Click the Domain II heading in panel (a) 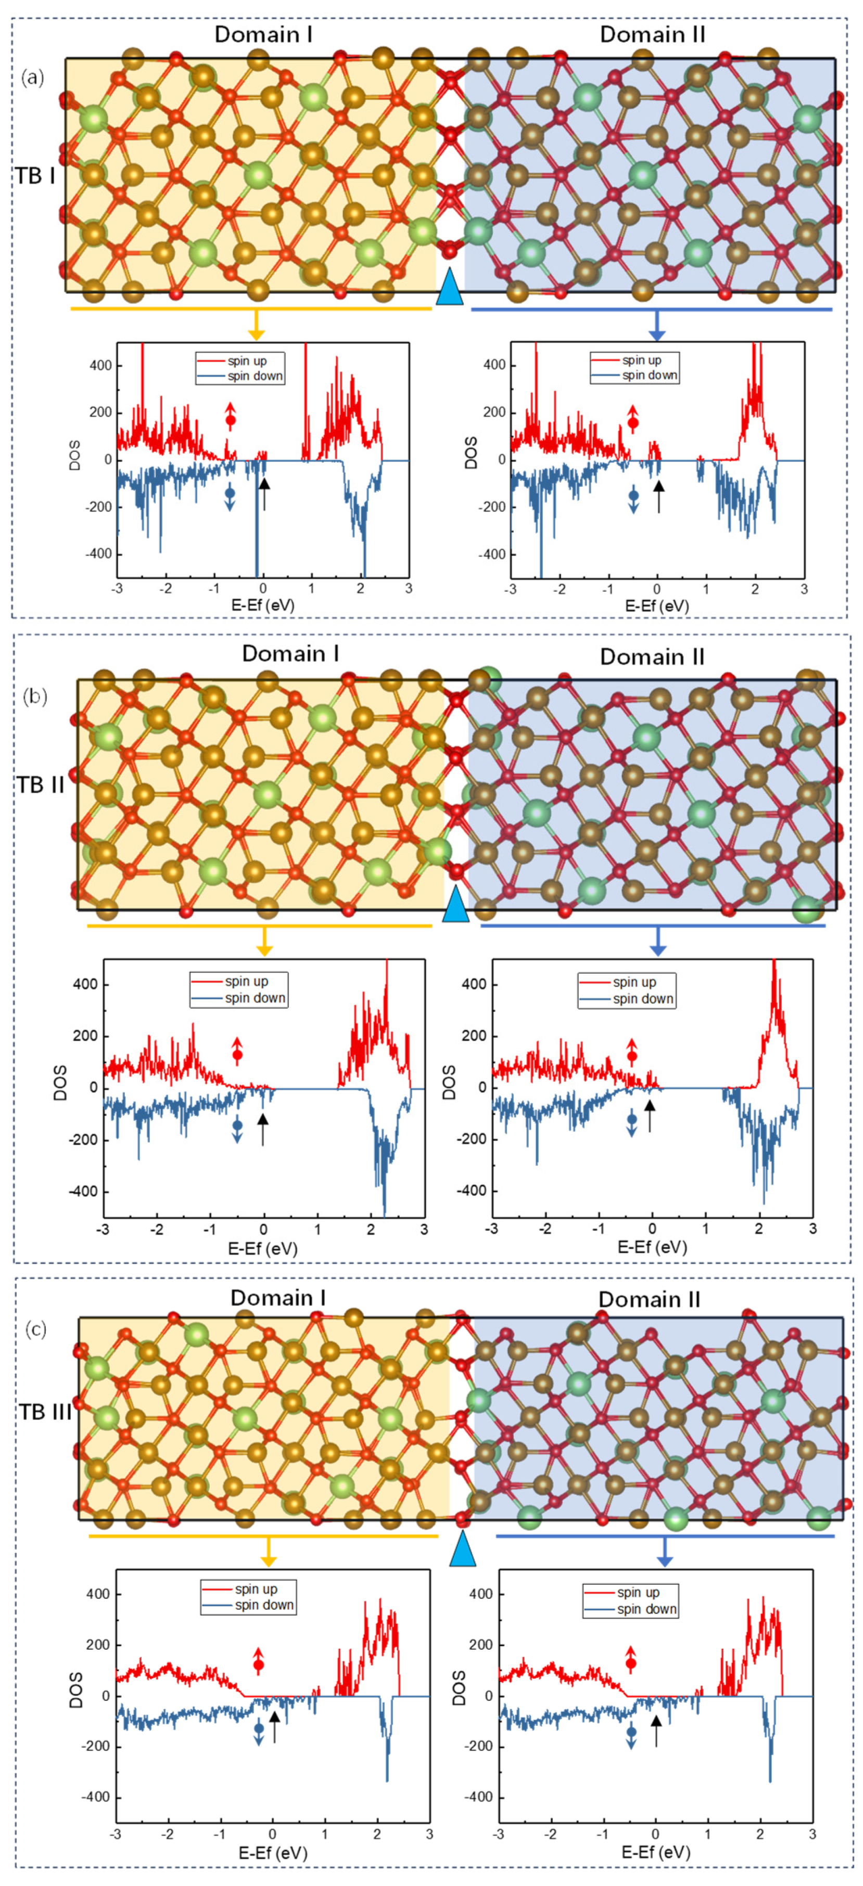coord(652,34)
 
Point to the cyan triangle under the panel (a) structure coord(450,286)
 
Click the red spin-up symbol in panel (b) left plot coord(237,1049)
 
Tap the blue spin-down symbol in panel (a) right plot coord(633,501)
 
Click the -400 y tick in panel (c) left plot coord(95,1797)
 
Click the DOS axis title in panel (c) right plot coord(459,1688)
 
